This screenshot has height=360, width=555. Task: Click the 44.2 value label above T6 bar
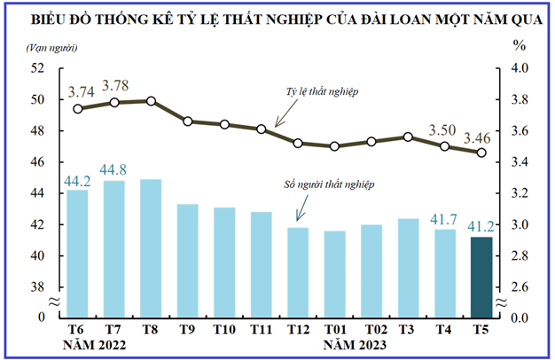78,181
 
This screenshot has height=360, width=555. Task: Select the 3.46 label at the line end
481,137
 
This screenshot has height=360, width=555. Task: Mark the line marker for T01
334,146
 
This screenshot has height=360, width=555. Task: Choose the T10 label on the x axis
223,329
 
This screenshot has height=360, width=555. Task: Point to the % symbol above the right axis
520,43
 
